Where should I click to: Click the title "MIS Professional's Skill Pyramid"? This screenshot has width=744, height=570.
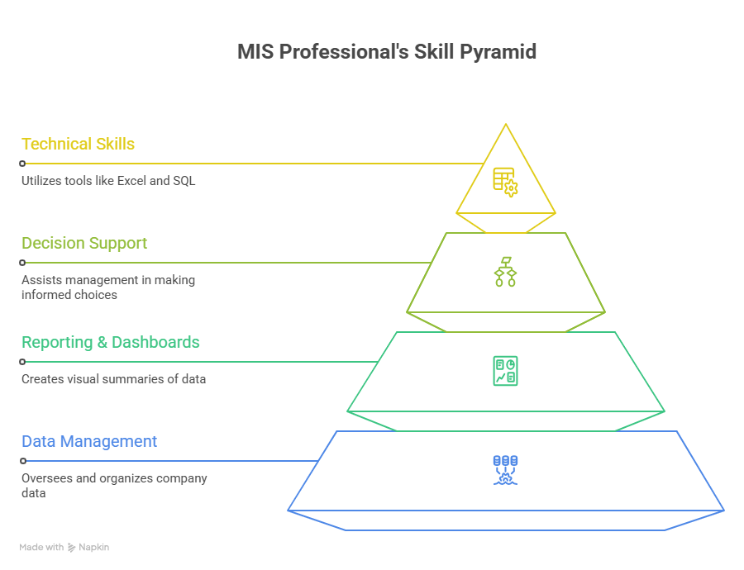(x=387, y=52)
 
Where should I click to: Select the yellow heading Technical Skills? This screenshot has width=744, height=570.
(x=79, y=144)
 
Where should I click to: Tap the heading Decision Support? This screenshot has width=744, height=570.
(x=84, y=243)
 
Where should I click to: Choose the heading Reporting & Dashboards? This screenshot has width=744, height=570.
(x=111, y=342)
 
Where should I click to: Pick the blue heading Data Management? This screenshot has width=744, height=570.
(x=89, y=441)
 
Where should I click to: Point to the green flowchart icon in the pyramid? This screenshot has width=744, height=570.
(x=505, y=272)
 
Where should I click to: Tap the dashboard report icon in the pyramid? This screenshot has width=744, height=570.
(x=505, y=371)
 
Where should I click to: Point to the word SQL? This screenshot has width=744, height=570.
(x=184, y=180)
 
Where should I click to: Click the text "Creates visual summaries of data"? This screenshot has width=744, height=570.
(x=113, y=379)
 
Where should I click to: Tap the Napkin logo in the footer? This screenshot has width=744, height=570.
(x=88, y=547)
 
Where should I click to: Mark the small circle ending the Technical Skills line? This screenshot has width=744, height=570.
(x=22, y=164)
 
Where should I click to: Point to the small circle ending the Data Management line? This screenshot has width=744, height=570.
(x=22, y=461)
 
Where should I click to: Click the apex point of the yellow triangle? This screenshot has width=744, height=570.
(x=505, y=125)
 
